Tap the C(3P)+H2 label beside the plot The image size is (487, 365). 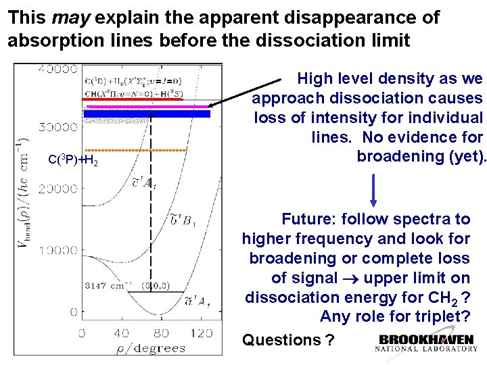(x=74, y=160)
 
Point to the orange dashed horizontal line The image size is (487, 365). (x=136, y=149)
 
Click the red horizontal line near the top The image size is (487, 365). (x=142, y=99)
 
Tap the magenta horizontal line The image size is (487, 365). (x=145, y=106)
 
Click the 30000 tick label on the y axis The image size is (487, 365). (x=57, y=126)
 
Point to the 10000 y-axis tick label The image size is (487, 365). (x=57, y=251)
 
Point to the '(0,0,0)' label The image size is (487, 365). (x=156, y=285)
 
